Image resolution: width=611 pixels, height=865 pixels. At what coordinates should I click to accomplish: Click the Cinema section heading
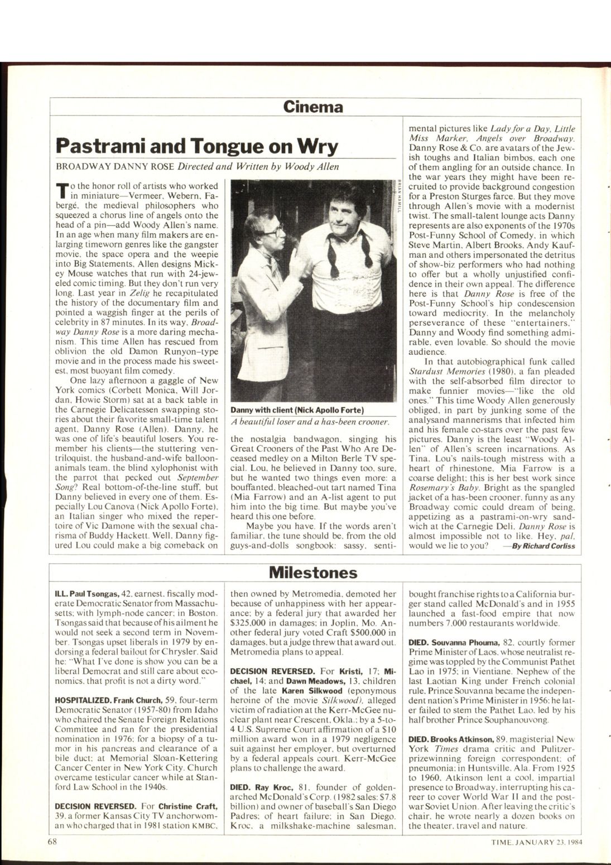[x=312, y=107]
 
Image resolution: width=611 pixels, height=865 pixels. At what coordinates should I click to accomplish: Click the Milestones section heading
[x=312, y=573]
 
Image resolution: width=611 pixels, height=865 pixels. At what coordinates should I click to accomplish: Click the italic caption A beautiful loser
[x=310, y=422]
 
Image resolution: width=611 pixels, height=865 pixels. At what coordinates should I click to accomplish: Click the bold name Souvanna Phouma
[x=465, y=642]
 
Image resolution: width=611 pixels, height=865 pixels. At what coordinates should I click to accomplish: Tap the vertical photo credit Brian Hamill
[x=400, y=195]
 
